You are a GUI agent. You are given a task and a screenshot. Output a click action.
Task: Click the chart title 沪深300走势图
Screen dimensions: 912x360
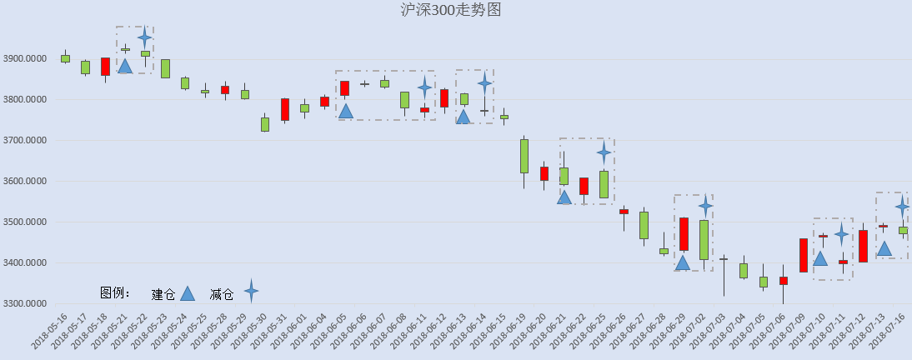[451, 9]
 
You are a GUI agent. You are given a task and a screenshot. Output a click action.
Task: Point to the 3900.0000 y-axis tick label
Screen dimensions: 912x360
[26, 58]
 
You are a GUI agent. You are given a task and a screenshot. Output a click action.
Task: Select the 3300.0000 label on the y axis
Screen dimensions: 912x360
[26, 303]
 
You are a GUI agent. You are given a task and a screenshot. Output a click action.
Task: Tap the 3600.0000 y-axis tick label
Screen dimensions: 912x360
[26, 181]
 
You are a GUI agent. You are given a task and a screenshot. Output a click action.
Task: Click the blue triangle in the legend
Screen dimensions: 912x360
[188, 293]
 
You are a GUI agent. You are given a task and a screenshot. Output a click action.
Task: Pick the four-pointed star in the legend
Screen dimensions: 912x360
[251, 290]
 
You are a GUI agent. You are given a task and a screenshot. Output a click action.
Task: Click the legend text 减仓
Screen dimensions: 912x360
[222, 295]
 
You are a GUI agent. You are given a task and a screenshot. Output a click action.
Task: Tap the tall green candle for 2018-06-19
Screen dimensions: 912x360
[524, 156]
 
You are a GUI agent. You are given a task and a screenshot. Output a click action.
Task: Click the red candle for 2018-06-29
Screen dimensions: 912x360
[684, 234]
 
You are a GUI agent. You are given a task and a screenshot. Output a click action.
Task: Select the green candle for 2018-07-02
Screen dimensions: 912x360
[704, 240]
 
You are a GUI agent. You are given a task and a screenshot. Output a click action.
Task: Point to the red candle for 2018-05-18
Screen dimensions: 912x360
[105, 67]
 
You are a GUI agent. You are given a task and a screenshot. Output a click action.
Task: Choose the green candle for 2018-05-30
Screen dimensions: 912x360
[264, 124]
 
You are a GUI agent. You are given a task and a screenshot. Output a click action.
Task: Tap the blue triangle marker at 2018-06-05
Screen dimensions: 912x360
[345, 111]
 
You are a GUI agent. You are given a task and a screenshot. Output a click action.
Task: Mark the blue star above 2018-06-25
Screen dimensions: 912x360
[604, 153]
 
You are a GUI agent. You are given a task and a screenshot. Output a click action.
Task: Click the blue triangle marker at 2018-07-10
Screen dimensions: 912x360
[820, 258]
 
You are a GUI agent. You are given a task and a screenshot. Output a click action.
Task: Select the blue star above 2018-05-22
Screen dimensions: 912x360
[145, 37]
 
